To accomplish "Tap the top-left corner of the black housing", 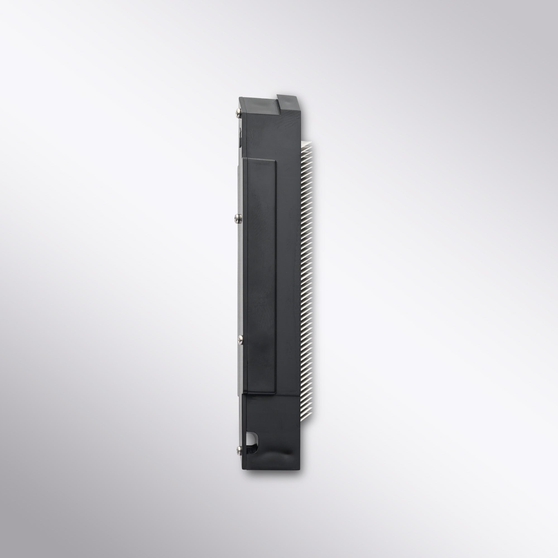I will point(239,98).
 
